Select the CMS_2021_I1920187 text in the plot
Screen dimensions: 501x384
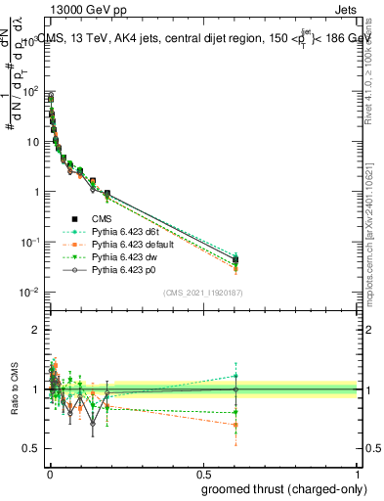203,292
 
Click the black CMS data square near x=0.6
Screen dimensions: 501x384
235,259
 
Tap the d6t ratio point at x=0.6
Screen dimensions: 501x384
235,376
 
